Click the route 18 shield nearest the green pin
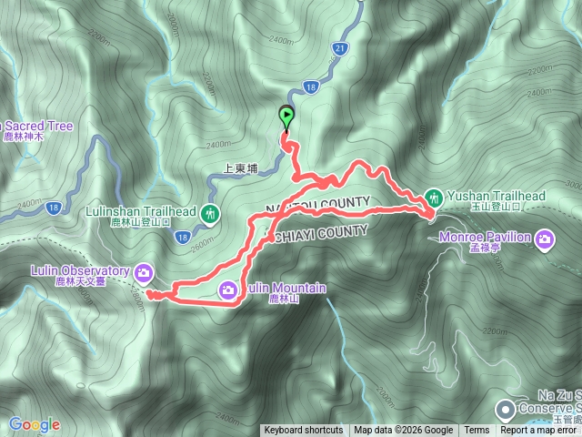[311, 87]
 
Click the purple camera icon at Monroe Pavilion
[545, 239]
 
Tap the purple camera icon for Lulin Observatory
[144, 271]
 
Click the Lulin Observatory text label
[81, 270]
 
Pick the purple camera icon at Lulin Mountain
[228, 290]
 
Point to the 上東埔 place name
[241, 168]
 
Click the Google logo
[34, 424]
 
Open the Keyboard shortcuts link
[304, 431]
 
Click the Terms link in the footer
[476, 431]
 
